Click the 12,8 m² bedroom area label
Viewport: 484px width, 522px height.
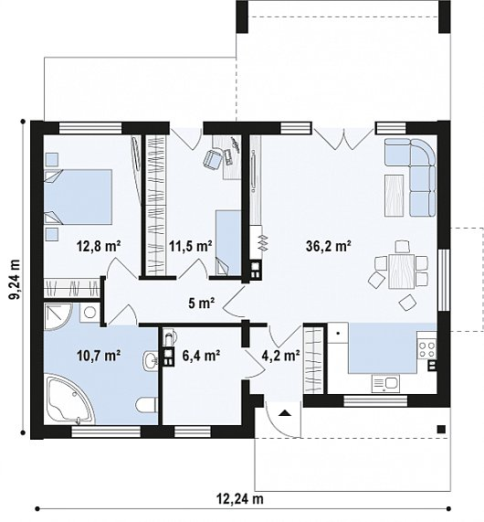99,247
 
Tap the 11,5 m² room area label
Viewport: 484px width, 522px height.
191,247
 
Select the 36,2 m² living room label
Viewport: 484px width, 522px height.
329,246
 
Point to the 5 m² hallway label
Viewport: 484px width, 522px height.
201,304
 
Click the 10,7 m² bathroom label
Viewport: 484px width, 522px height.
99,356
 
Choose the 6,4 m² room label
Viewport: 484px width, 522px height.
201,356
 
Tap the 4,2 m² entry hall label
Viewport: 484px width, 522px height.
281,356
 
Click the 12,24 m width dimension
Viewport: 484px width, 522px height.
240,499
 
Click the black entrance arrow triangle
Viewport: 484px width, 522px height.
284,413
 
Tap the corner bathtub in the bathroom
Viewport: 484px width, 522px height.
69,399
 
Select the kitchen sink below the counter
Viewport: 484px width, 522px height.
385,383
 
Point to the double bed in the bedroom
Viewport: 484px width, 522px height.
78,197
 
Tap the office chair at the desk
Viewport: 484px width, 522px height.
212,158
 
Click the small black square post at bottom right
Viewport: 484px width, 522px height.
441,429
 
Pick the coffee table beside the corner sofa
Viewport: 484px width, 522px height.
395,196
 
